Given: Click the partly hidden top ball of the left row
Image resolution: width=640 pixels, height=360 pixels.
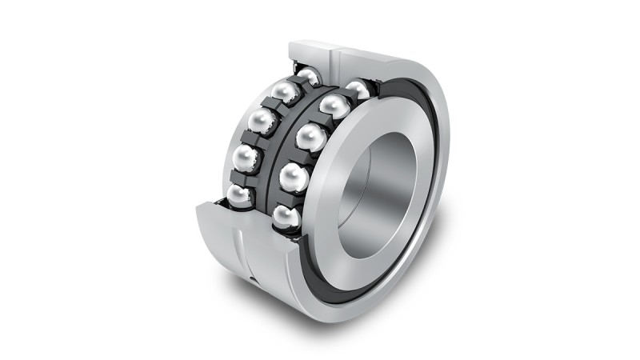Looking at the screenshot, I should (x=309, y=77).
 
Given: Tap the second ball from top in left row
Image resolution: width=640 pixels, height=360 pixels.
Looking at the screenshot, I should (x=285, y=92).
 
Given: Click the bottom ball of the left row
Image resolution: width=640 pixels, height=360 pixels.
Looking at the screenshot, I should (x=239, y=194).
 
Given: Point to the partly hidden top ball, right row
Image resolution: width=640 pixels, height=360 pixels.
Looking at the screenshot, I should (x=358, y=89).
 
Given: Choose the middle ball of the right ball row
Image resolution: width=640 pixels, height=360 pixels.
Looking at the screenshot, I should (x=310, y=138).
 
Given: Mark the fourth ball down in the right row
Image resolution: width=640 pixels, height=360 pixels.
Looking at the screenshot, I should (x=294, y=177).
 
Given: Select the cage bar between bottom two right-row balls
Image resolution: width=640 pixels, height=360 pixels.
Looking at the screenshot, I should (x=289, y=197).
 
